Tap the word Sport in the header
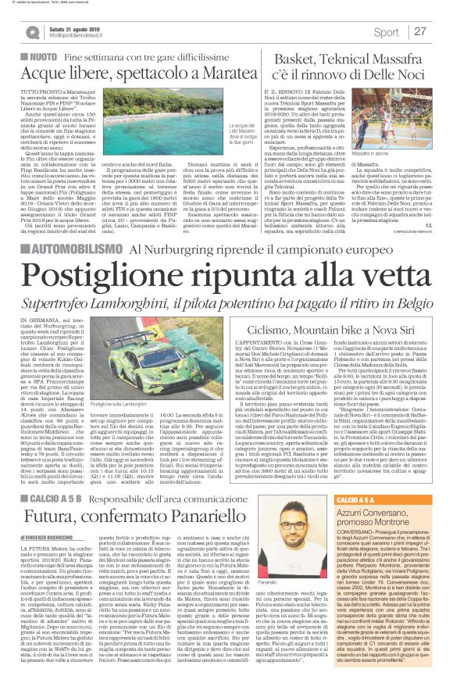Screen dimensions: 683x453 (x=385, y=32)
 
